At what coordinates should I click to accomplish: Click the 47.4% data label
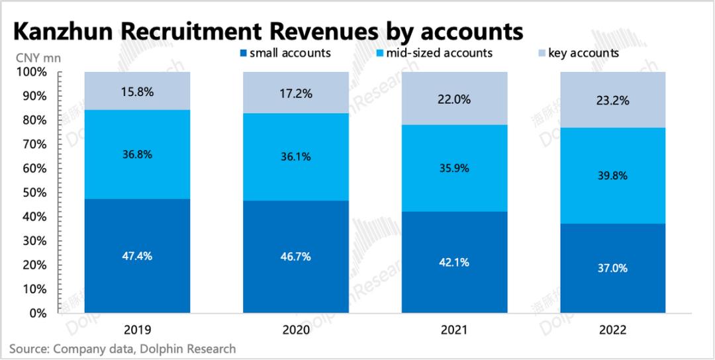tap(138, 257)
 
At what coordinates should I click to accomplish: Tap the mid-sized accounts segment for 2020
tap(296, 157)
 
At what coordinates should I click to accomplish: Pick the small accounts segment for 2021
tap(454, 263)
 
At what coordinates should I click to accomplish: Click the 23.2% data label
tap(612, 101)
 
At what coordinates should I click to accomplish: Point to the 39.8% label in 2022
tap(612, 176)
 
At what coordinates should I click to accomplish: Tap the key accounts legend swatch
tap(542, 53)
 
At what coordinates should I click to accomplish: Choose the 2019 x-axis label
tap(138, 329)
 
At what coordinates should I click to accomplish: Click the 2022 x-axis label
tap(612, 329)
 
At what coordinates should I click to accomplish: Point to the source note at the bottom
tap(122, 349)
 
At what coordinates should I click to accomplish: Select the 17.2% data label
tap(296, 93)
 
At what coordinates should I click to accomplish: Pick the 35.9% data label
tap(454, 168)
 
